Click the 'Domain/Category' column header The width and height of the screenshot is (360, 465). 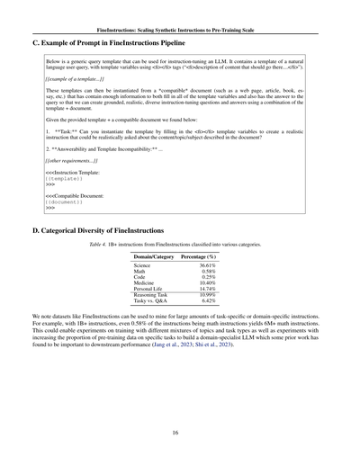pos(153,256)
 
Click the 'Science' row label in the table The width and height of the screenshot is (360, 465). pos(142,266)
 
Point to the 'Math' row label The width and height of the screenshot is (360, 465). pos(140,273)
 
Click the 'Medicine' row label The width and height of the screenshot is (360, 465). pos(145,288)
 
